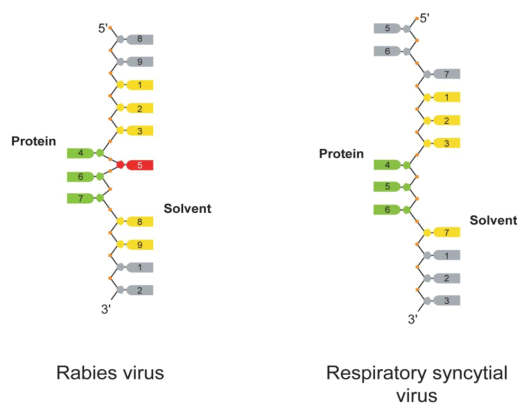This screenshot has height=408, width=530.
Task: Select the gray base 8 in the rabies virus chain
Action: click(139, 39)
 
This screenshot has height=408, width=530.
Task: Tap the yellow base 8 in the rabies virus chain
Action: click(139, 221)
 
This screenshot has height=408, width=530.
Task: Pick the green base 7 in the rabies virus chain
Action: click(81, 198)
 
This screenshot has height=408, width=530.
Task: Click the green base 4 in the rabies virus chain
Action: click(81, 153)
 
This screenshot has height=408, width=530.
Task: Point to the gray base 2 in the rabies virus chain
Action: click(139, 290)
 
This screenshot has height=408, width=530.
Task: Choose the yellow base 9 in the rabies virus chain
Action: click(139, 244)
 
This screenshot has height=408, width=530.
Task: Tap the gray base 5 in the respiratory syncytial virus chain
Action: click(387, 28)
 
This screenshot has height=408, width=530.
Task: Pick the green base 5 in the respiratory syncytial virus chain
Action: click(387, 187)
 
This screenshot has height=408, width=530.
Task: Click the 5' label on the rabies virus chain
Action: click(103, 28)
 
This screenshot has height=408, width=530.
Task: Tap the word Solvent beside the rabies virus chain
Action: click(188, 208)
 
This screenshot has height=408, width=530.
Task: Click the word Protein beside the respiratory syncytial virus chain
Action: click(341, 154)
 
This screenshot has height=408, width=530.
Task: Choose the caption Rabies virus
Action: click(110, 373)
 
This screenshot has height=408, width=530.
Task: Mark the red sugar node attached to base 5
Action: click(120, 165)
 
